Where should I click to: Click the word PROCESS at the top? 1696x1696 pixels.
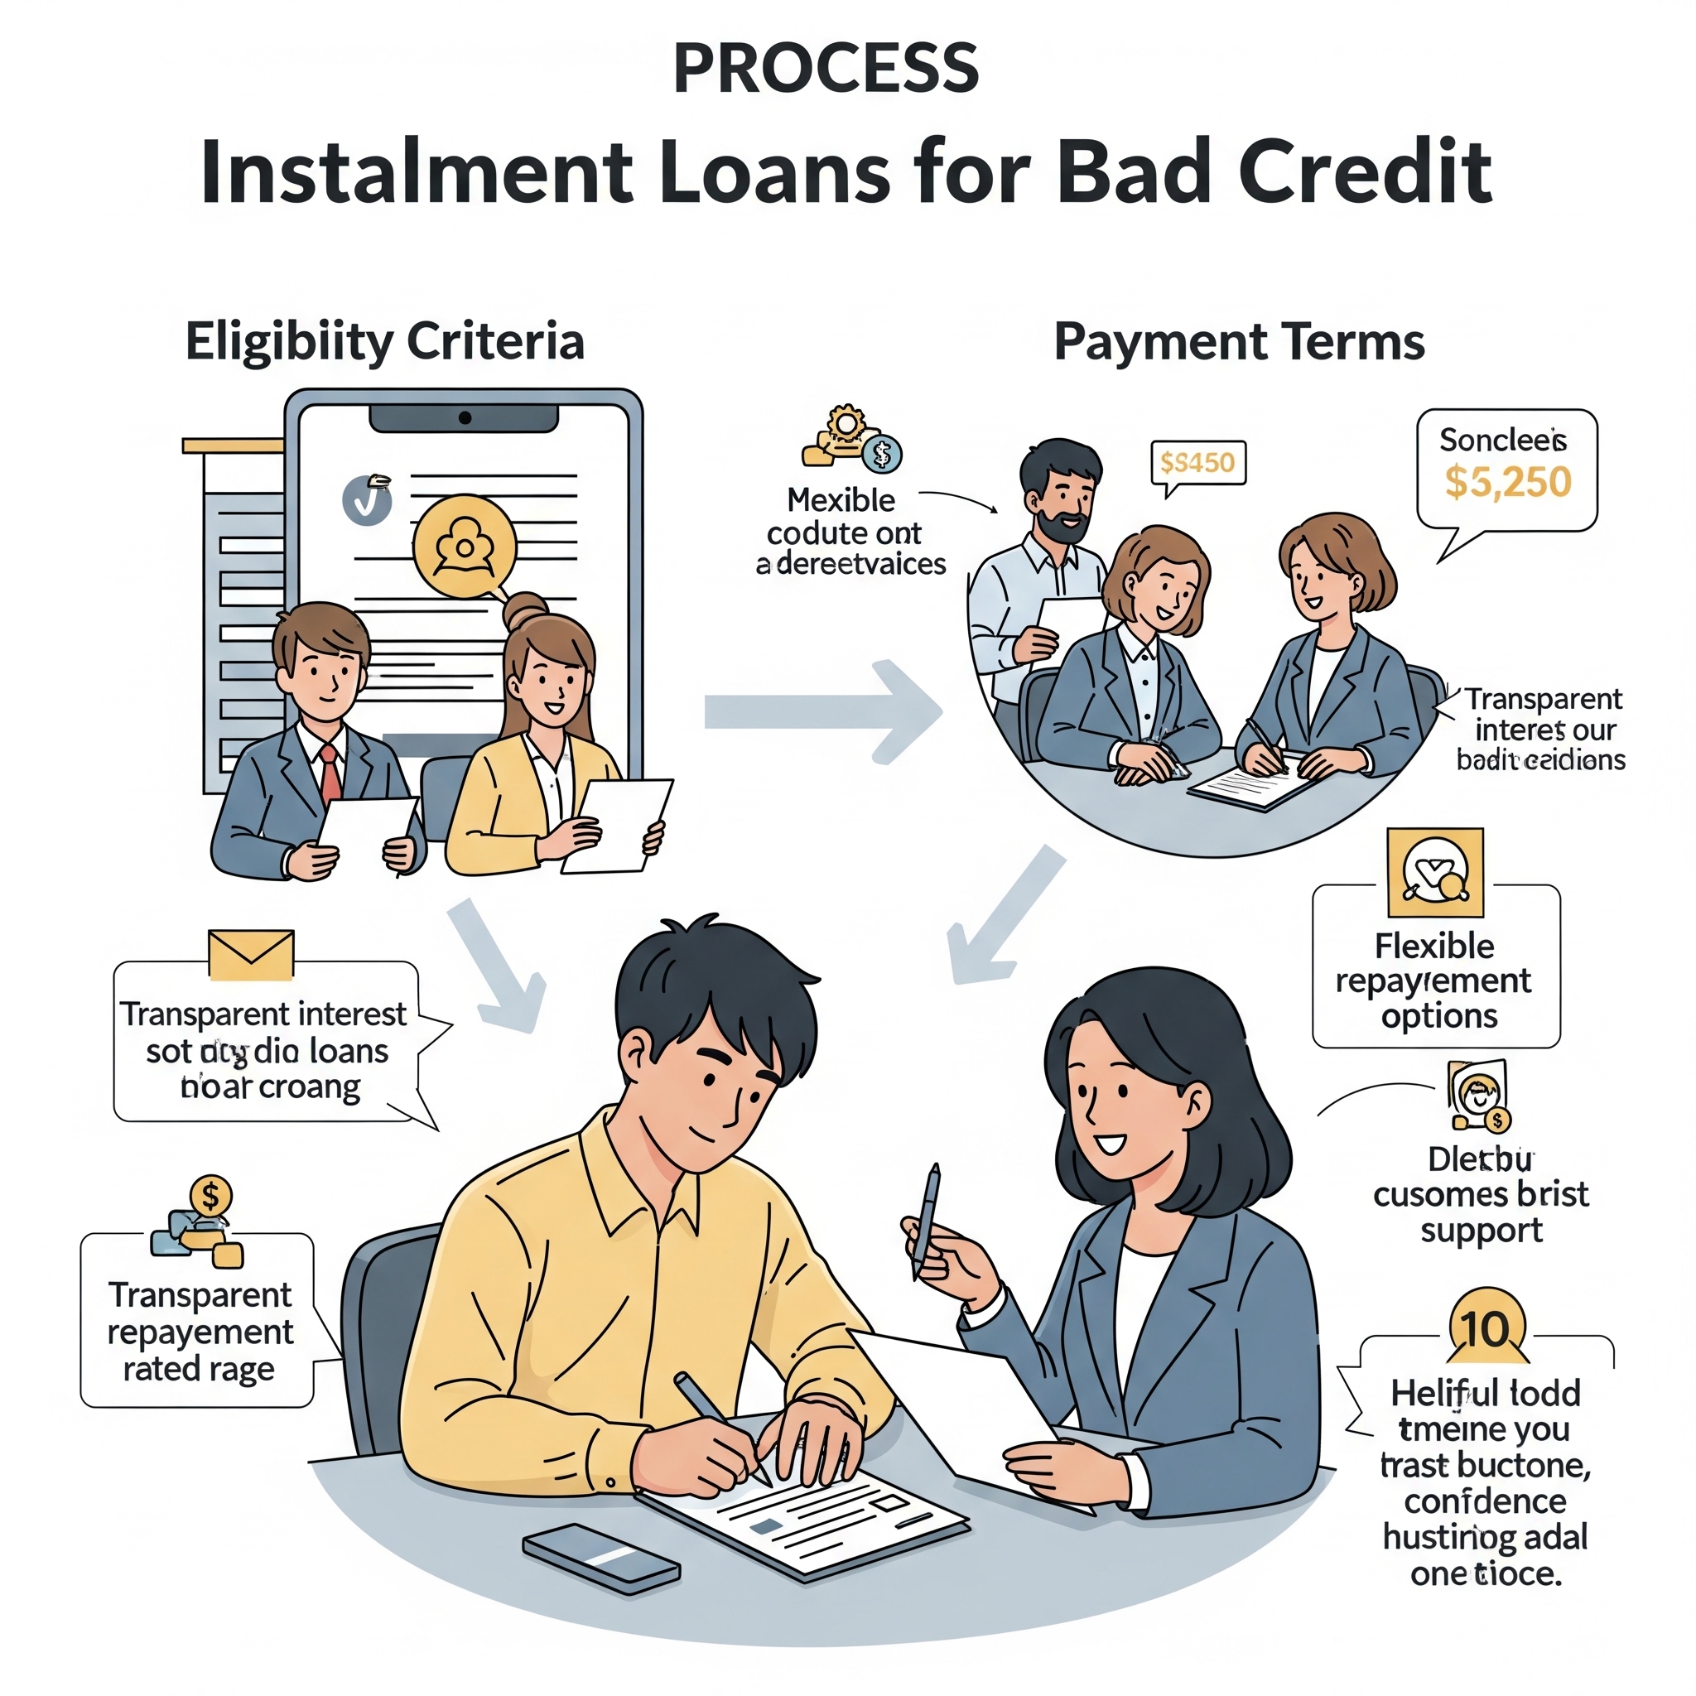tap(825, 69)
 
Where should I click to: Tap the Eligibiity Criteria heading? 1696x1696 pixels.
tap(384, 340)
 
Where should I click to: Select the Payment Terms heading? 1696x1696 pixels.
tap(1239, 340)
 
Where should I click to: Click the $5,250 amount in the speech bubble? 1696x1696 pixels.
tap(1507, 482)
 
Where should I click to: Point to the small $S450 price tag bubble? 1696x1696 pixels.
tap(1197, 463)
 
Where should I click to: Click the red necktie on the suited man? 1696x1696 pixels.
tap(330, 772)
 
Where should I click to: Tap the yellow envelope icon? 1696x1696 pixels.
tap(251, 954)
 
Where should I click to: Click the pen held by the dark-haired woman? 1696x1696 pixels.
tap(926, 1219)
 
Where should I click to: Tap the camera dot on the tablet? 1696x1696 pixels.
tap(465, 418)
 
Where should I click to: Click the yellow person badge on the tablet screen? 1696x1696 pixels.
tap(465, 546)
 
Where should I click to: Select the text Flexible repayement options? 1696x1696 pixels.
tap(1434, 980)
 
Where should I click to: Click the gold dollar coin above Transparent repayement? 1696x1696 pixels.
tap(210, 1195)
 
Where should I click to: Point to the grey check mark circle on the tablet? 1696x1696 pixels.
tap(367, 500)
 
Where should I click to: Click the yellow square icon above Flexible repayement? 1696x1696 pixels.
tap(1435, 873)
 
